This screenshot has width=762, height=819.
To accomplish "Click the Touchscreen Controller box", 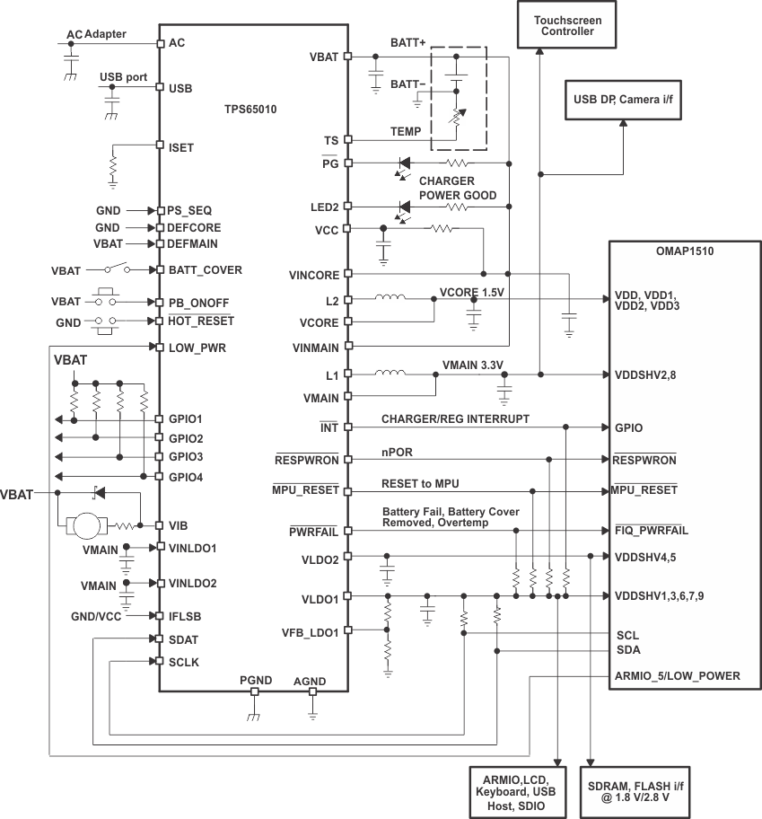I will pos(563,25).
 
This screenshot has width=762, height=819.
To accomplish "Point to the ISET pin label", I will pos(180,146).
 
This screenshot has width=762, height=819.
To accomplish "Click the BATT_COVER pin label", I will pos(205,269).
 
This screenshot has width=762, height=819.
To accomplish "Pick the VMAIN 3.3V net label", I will pos(473,365).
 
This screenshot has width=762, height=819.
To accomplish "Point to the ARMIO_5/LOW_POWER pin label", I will pos(677,675).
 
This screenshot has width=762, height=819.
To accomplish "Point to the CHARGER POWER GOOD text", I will pos(457,189).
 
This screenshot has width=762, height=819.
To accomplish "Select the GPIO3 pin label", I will pos(186,457).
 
